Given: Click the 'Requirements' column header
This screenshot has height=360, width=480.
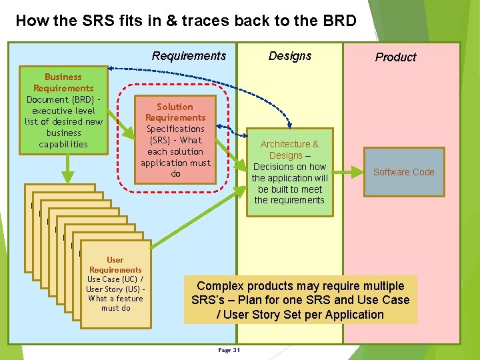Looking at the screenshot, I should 189,56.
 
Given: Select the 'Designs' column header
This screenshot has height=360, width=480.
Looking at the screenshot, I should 289,56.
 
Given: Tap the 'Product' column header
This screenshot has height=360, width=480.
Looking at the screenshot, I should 395,57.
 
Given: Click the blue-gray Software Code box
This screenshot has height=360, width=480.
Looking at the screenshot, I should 403,172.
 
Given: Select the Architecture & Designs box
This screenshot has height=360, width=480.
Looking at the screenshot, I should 289,172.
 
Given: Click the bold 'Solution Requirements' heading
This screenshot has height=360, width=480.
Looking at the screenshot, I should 175,112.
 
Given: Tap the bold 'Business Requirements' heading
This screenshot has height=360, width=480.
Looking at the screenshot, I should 63,83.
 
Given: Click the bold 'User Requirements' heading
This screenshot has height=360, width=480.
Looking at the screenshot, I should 115,265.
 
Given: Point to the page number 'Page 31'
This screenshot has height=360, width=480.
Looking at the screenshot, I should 229,350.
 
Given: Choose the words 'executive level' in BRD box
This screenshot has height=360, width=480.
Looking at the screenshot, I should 63,111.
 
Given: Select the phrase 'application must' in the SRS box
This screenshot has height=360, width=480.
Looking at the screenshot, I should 175,163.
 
